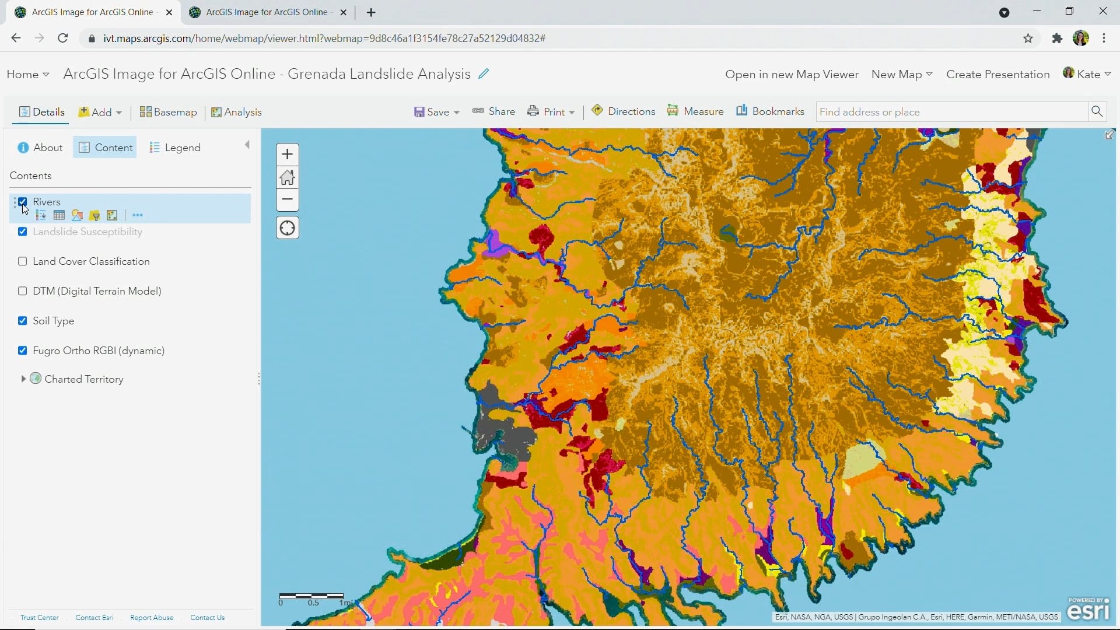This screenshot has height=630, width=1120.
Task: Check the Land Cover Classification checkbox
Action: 23,261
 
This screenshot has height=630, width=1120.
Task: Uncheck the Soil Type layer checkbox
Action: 23,321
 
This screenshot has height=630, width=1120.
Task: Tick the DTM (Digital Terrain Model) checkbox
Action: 23,291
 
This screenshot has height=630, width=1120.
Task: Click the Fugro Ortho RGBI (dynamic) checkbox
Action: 23,351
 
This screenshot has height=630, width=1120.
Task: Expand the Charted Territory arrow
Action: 23,379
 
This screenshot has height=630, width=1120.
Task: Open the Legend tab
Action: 174,148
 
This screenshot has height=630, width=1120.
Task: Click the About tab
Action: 40,148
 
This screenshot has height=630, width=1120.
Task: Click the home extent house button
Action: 287,177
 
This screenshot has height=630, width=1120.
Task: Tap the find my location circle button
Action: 287,228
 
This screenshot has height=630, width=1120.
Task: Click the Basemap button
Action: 168,112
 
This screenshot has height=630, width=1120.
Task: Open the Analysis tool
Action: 236,112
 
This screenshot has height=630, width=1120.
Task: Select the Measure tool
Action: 695,111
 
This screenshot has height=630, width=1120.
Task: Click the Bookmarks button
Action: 770,111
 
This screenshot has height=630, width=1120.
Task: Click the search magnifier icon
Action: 1097,111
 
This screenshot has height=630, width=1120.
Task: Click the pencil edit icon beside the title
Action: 484,74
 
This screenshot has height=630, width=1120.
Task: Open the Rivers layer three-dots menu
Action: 138,215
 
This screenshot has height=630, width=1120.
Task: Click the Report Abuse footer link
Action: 152,618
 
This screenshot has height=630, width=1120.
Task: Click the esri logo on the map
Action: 1088,610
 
